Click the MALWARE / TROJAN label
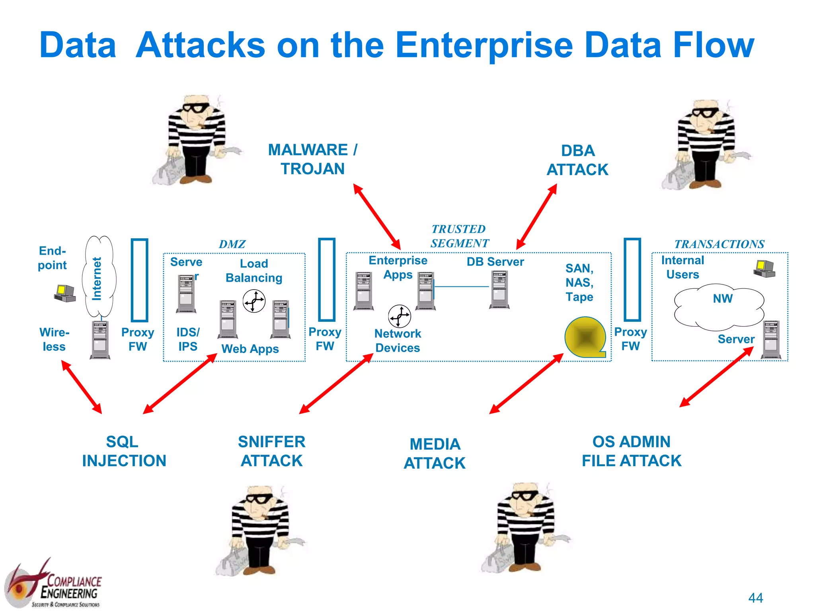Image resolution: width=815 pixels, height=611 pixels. [x=313, y=159]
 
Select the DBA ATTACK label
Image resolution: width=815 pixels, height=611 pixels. [x=577, y=160]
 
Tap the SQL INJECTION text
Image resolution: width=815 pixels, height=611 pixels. [x=124, y=451]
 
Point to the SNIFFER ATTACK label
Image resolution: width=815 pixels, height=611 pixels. [x=272, y=451]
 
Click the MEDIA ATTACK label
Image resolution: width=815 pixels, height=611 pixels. [x=435, y=453]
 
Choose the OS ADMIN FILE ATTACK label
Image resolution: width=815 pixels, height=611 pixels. [x=632, y=451]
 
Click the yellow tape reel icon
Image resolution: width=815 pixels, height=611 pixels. [x=585, y=337]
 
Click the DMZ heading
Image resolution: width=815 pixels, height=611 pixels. [x=232, y=244]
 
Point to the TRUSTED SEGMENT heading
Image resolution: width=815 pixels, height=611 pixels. [x=459, y=236]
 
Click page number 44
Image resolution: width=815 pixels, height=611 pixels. [x=755, y=597]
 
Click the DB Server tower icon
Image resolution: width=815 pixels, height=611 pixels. [x=499, y=289]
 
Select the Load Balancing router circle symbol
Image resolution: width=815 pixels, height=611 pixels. [x=254, y=301]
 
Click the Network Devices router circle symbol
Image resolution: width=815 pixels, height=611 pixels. [x=399, y=316]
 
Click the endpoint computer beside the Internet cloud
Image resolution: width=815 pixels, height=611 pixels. [x=65, y=294]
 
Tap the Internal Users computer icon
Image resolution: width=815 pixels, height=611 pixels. [x=764, y=269]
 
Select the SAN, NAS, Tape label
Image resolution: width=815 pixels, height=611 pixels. [x=579, y=282]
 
